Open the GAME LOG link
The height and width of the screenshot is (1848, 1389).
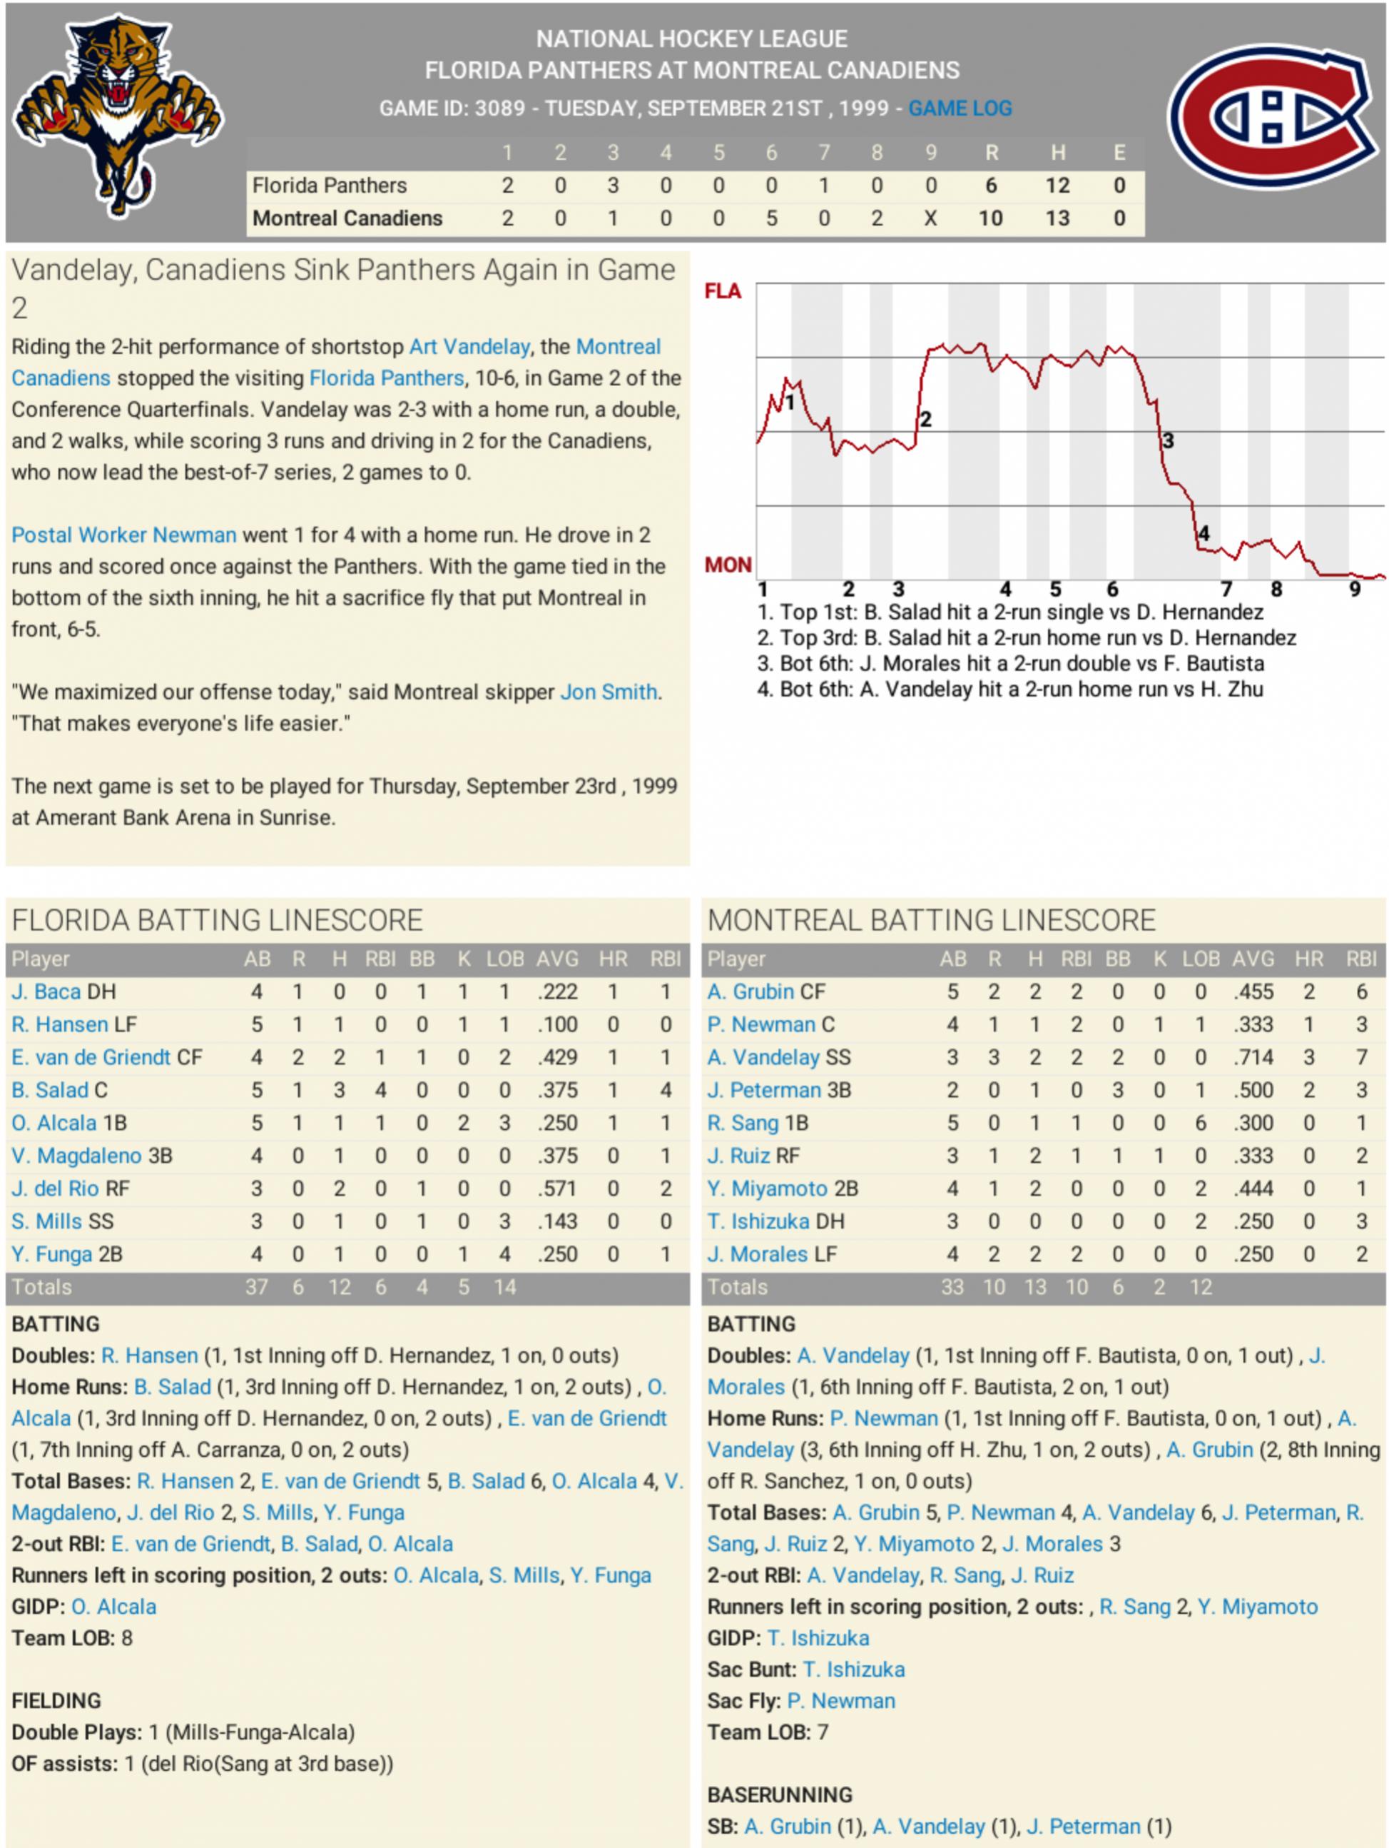(x=960, y=108)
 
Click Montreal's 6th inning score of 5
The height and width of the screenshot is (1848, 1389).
(x=771, y=219)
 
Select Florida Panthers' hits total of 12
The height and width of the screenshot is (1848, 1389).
(x=1057, y=186)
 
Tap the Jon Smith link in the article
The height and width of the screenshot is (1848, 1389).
(x=608, y=692)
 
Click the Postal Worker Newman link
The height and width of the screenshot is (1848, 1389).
(x=123, y=535)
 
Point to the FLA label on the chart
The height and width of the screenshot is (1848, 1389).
(x=723, y=291)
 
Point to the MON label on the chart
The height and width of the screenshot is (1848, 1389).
(x=728, y=565)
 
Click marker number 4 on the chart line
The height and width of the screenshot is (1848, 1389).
(x=1204, y=533)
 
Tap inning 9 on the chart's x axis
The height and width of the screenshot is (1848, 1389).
(x=1354, y=589)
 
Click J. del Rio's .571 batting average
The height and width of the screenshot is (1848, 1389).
(x=557, y=1189)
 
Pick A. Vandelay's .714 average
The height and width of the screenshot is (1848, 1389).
(x=1253, y=1058)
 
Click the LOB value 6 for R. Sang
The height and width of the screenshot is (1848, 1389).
(x=1200, y=1124)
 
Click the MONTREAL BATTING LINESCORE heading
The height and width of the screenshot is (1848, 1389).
(x=930, y=921)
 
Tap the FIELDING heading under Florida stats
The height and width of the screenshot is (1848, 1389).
(x=56, y=1700)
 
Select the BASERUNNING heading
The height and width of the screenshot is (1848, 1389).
(x=779, y=1794)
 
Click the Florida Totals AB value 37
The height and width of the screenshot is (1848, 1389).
(x=256, y=1288)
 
